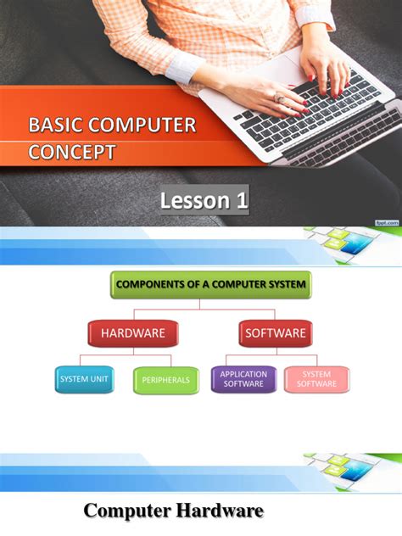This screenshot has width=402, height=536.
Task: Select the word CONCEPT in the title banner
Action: [x=71, y=153]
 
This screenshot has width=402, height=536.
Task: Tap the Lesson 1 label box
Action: [x=204, y=201]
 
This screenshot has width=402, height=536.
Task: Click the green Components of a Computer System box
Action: [x=210, y=284]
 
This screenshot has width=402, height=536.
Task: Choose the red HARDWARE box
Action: [x=132, y=333]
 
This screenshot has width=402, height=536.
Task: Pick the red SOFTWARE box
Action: [x=275, y=333]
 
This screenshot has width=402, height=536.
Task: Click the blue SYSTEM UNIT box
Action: [x=84, y=379]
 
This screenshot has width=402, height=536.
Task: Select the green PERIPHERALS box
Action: [x=166, y=380]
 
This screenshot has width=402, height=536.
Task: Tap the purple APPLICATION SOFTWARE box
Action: [x=243, y=379]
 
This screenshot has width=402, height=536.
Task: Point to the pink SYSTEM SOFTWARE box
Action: [x=316, y=379]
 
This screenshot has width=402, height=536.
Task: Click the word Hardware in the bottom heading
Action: [x=220, y=511]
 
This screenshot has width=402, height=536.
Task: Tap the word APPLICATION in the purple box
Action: [x=243, y=374]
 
